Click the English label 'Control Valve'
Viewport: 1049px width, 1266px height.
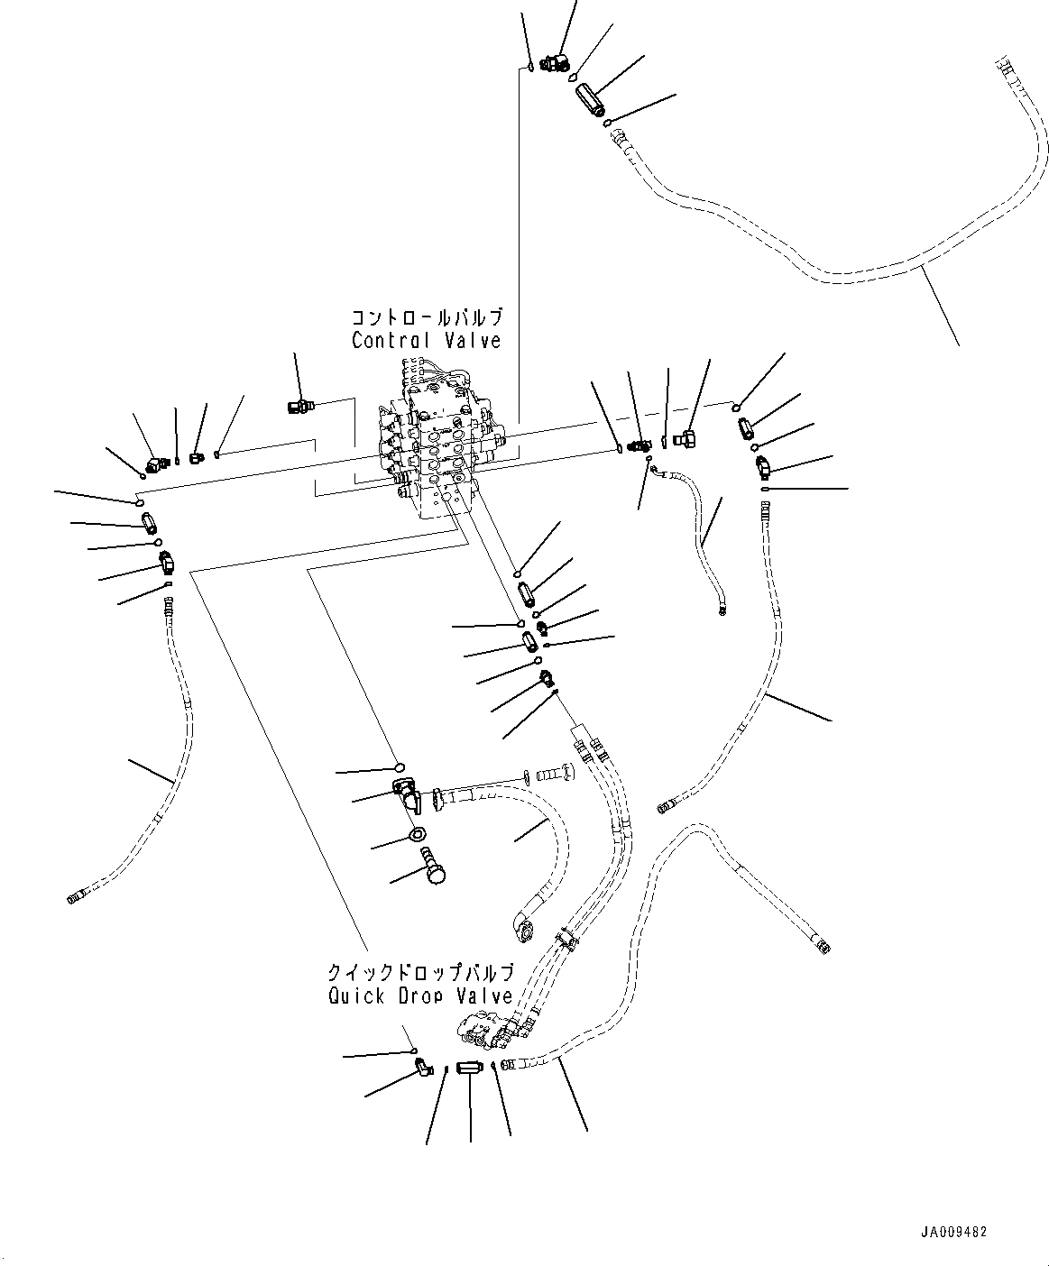pos(426,340)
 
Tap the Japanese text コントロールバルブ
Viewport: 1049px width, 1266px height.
pos(426,318)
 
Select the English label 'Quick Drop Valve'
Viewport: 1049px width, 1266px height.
pos(421,996)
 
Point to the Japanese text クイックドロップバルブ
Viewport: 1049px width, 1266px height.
pos(421,973)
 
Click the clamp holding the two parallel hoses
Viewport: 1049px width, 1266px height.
pos(566,940)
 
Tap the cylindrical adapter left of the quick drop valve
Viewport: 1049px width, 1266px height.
pos(470,1068)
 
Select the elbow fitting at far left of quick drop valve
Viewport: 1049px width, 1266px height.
pos(422,1067)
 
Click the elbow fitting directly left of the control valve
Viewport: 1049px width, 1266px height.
pos(297,407)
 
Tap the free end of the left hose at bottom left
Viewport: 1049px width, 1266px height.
pos(75,896)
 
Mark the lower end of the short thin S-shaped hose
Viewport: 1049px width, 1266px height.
pos(722,615)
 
